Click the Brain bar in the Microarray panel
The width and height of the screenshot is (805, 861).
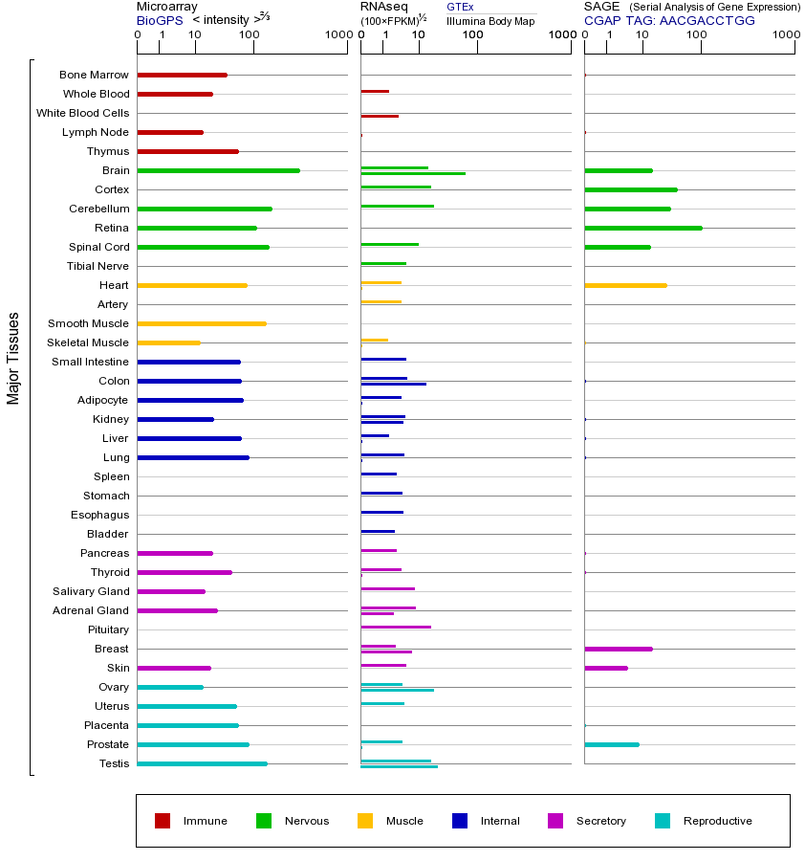coord(218,170)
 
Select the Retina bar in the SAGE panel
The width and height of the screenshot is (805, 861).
coord(642,228)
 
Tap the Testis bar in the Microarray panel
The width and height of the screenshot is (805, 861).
coord(202,763)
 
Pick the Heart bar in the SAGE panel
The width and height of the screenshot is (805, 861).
coord(625,285)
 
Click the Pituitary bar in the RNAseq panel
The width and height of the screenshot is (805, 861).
coord(395,627)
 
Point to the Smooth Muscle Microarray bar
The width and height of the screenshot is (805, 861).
coord(201,323)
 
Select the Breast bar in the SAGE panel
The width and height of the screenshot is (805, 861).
coord(618,649)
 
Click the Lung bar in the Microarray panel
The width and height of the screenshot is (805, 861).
coord(192,457)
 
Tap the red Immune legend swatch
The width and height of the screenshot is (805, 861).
coord(163,820)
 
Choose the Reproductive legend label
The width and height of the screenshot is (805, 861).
coord(717,821)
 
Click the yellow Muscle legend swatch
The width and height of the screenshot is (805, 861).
coord(365,820)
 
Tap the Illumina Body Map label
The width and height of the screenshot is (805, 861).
coord(490,20)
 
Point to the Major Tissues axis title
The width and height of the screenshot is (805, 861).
coord(13,357)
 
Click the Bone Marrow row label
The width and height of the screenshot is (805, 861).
coord(94,75)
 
